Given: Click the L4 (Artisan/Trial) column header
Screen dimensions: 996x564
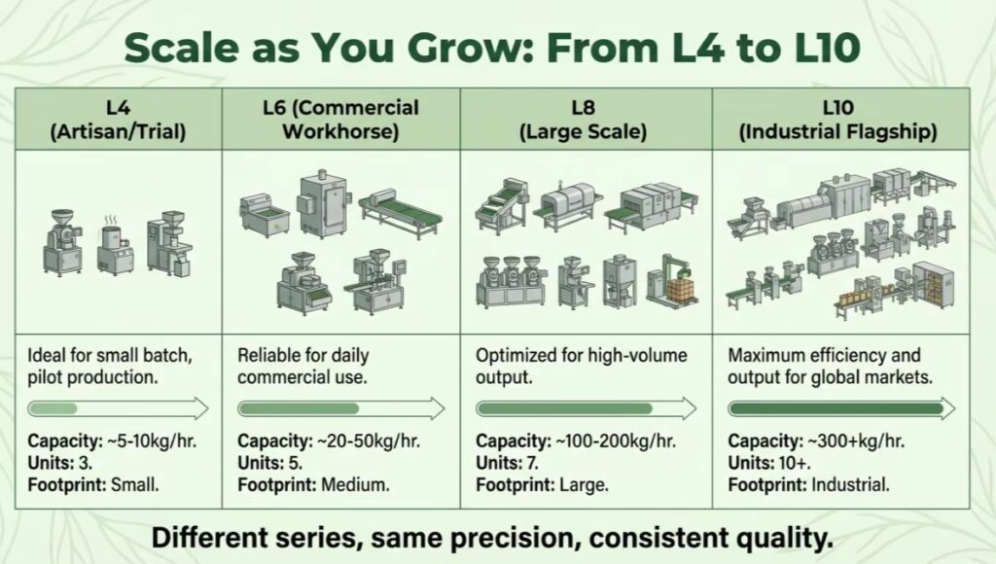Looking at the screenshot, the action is (118, 120).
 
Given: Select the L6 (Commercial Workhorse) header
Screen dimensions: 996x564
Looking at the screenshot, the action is (341, 120).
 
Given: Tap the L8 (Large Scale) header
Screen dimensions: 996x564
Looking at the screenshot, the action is (584, 120).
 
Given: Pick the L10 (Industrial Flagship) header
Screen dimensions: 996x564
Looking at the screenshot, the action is (837, 120).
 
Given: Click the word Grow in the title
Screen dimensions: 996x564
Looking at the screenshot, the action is (460, 48).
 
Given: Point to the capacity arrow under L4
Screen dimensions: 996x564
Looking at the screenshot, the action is (118, 408).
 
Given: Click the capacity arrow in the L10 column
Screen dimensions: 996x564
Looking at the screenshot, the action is (841, 408).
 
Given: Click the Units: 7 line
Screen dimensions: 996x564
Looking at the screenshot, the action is (507, 463).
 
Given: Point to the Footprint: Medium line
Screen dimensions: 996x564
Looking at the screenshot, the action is (314, 485).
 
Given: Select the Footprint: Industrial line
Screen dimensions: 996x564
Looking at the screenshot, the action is (808, 485).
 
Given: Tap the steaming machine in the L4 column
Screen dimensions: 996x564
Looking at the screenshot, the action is (115, 244).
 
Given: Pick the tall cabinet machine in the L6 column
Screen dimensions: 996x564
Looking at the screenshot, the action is (323, 204).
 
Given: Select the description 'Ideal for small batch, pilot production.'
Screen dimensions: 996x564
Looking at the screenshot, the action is (109, 366).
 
